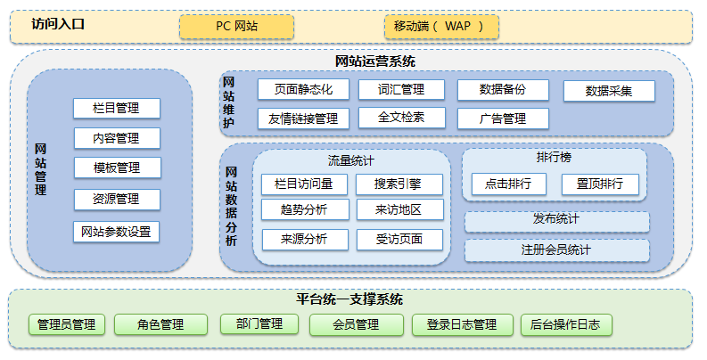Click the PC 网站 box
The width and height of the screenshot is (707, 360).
click(236, 27)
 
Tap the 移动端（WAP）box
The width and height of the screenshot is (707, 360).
click(439, 27)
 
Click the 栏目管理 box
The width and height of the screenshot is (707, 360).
click(117, 109)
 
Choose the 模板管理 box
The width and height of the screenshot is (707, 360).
click(117, 168)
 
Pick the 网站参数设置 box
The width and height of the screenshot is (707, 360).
click(116, 233)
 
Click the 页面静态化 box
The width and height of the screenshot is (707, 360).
click(303, 90)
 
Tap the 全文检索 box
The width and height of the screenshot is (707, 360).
click(401, 118)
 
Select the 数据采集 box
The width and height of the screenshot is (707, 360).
click(609, 91)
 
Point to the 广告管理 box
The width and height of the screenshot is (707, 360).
click(502, 119)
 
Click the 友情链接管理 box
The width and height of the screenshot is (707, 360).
click(303, 119)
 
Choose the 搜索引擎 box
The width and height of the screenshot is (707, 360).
click(398, 184)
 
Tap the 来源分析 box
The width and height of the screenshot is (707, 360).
click(304, 239)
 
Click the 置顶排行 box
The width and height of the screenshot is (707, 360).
click(600, 184)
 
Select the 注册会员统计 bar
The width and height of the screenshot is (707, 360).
click(556, 250)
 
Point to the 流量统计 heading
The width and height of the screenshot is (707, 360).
click(350, 161)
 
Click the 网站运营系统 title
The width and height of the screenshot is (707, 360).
click(374, 61)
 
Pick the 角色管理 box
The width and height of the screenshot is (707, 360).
click(160, 324)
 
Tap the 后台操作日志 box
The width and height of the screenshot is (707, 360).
click(566, 324)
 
